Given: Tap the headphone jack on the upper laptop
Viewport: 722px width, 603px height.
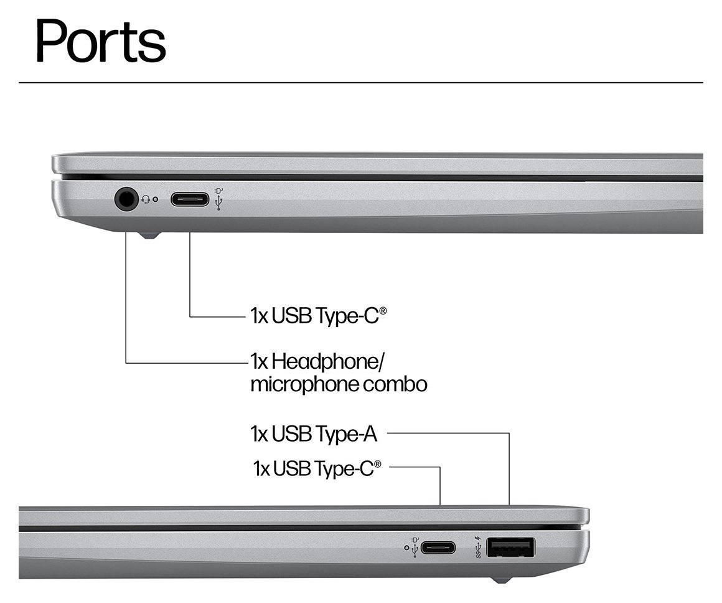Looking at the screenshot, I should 126,199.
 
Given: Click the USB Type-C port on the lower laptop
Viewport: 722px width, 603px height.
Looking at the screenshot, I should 438,548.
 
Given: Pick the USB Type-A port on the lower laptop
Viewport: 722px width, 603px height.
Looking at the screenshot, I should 510,548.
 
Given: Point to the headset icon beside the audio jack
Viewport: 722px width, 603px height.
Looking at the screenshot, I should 146,199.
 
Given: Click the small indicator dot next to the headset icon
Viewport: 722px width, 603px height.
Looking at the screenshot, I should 156,200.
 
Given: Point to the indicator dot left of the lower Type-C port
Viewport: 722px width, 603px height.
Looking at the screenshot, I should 406,548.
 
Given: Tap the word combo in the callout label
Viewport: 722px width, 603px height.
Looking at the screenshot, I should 396,384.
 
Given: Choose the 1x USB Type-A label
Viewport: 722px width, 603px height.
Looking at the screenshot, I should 314,434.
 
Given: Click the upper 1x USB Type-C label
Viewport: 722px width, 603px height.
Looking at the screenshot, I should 314,315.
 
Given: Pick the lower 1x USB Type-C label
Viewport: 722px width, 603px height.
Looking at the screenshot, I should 314,468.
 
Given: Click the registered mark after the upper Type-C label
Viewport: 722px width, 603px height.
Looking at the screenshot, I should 382,311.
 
